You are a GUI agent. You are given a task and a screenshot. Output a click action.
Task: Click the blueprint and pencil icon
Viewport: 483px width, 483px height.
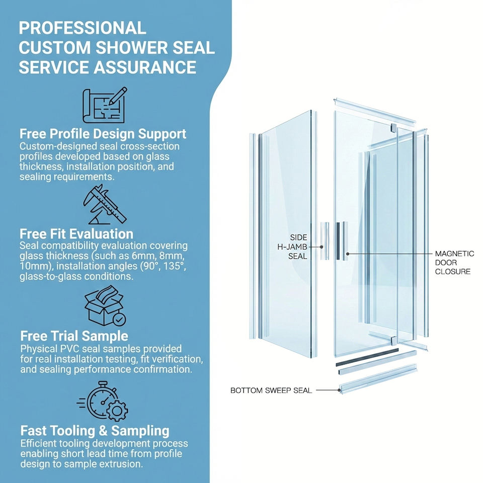click(105, 105)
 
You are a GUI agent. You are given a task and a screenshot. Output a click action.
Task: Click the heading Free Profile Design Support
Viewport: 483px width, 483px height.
click(103, 134)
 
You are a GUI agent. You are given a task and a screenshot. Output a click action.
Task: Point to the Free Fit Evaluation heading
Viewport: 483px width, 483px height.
click(76, 233)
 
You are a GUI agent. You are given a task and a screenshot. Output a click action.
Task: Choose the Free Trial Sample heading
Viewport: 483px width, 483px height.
click(74, 336)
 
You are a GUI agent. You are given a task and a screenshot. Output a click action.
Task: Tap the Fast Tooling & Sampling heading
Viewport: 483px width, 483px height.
click(95, 431)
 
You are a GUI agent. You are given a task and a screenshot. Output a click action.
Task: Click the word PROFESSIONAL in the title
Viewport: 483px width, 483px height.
click(83, 27)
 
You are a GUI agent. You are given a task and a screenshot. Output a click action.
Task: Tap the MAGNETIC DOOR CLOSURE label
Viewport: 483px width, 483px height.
click(453, 263)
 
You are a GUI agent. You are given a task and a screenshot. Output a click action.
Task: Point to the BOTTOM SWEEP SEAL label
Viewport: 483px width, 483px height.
click(271, 390)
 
